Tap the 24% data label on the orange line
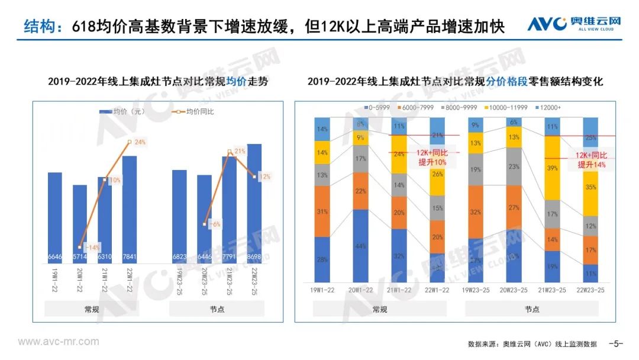pyautogui.click(x=140, y=142)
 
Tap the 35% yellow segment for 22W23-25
pyautogui.click(x=594, y=187)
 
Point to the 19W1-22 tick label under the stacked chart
pyautogui.click(x=323, y=290)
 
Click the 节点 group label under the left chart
pyautogui.click(x=217, y=309)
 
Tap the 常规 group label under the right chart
pyautogui.click(x=379, y=309)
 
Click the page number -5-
pyautogui.click(x=617, y=343)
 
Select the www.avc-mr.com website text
pyautogui.click(x=58, y=342)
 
